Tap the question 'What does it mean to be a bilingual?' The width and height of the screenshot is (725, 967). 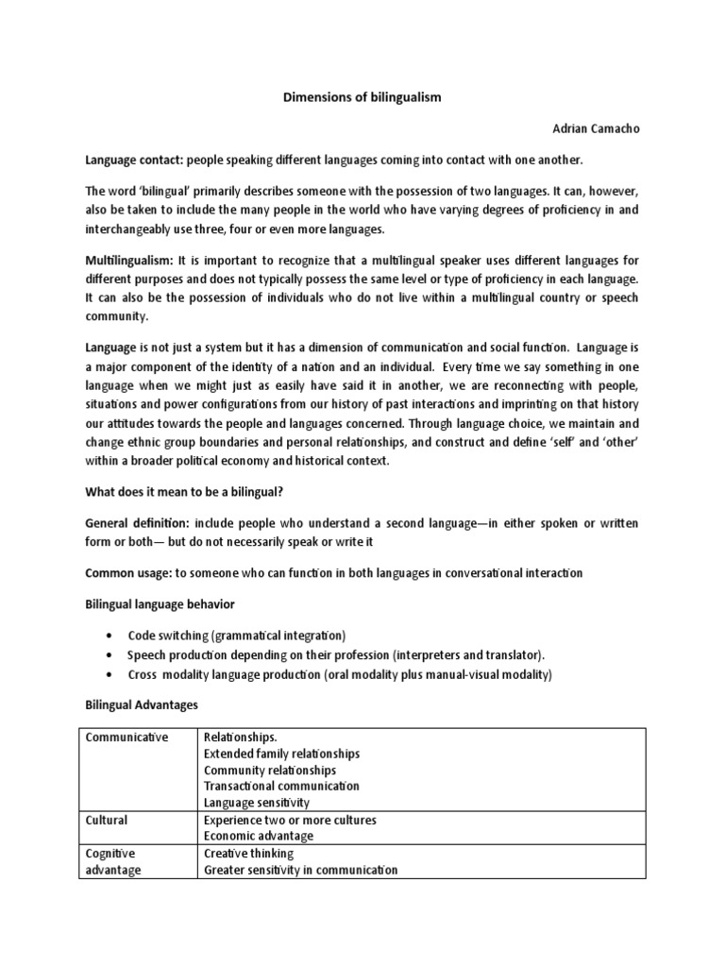click(x=193, y=490)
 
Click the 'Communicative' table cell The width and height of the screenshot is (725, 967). click(x=126, y=738)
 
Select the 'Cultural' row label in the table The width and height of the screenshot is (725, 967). click(x=106, y=820)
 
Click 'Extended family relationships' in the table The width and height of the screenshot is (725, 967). click(x=281, y=754)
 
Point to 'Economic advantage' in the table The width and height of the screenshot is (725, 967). click(x=259, y=836)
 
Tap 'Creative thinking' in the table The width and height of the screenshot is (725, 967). click(x=248, y=853)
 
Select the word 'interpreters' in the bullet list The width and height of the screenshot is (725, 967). click(x=427, y=654)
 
